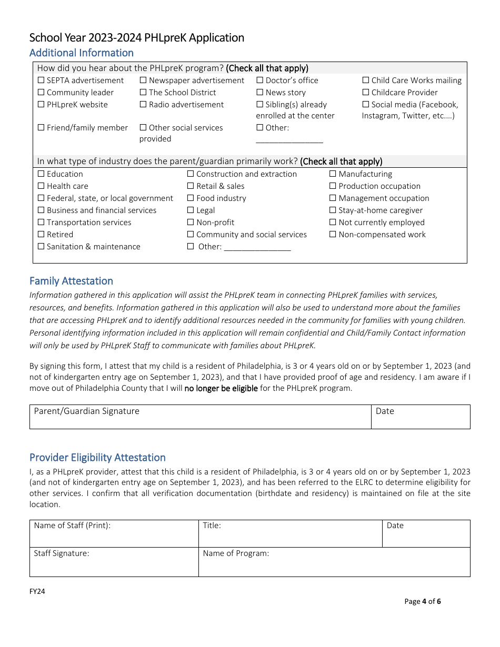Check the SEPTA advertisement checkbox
tap(41, 80)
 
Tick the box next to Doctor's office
tap(260, 80)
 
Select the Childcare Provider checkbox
tap(366, 93)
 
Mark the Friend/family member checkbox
tap(41, 128)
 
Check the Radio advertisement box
tap(143, 105)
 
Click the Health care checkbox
tap(41, 186)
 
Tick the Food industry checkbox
tap(191, 198)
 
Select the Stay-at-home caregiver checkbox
tap(333, 210)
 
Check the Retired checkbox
tap(41, 235)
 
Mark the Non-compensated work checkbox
tap(333, 235)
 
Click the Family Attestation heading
tap(71, 281)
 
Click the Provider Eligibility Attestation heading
tap(97, 458)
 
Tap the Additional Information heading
tap(82, 53)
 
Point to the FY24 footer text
tap(37, 591)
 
